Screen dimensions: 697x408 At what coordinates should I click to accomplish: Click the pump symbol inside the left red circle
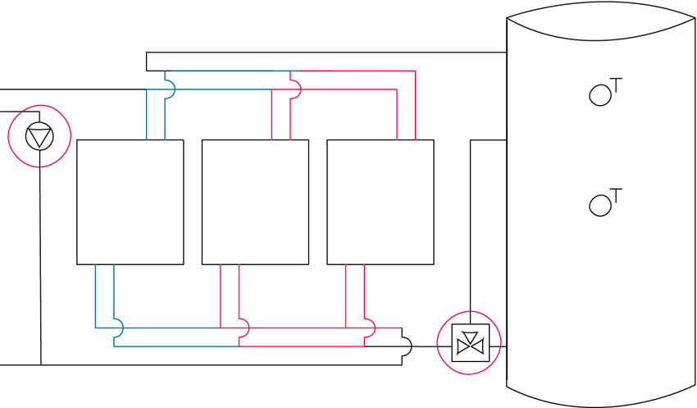tap(39, 136)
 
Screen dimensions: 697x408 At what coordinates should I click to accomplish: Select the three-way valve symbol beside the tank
tap(471, 342)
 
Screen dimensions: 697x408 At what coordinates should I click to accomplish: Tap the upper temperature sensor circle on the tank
tap(599, 95)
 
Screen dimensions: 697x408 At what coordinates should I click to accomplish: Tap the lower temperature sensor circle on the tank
tap(599, 205)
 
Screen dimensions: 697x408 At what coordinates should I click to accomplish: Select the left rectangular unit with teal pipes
tap(130, 203)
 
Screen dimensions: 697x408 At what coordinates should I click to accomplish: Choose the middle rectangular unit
tap(255, 203)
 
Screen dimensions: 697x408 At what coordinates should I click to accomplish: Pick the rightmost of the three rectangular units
tap(380, 203)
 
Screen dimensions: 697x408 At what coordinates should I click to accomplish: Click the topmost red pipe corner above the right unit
tap(415, 71)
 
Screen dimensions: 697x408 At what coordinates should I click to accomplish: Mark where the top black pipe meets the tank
tap(507, 52)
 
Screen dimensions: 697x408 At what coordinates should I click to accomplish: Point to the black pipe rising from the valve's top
tap(471, 232)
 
